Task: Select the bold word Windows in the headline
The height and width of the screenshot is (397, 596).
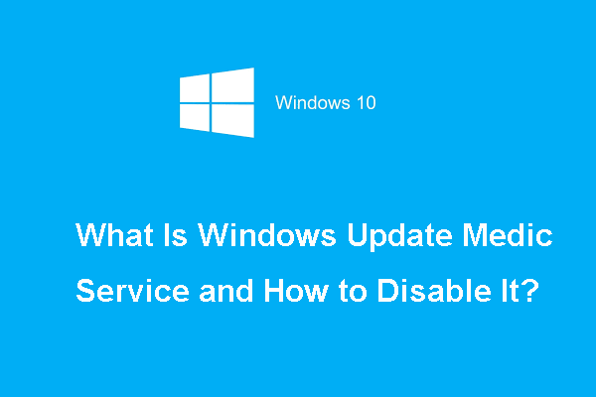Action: click(x=259, y=239)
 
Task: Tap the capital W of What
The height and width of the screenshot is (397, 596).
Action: click(x=91, y=239)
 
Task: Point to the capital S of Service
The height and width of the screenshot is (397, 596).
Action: click(x=86, y=294)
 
